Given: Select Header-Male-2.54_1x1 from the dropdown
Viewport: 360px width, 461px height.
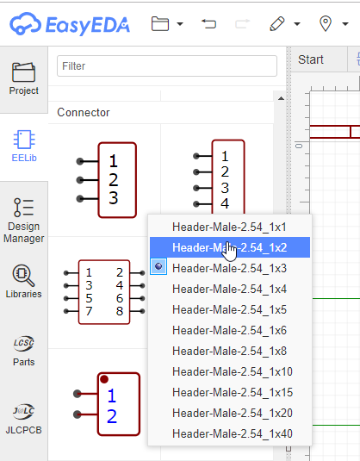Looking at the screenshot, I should tap(229, 227).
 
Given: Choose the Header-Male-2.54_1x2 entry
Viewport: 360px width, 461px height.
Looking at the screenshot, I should tap(229, 247).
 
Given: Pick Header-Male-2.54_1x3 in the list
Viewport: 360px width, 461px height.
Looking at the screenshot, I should tap(229, 268).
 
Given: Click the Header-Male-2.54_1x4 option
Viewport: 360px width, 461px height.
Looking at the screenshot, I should tap(229, 289).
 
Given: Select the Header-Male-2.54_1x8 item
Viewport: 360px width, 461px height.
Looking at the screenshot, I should tap(229, 351).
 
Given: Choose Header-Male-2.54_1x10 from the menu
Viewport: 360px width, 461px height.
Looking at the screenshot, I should tap(233, 371).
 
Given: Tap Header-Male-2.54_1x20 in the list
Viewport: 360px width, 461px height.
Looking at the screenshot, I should tap(233, 413).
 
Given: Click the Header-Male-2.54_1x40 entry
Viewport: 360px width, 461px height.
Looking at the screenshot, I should tap(233, 433).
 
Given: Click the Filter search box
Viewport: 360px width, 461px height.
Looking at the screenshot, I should tap(167, 66).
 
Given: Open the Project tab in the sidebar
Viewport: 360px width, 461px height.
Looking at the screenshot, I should tap(24, 78).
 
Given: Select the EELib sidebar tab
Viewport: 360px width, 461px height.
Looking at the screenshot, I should tap(24, 146).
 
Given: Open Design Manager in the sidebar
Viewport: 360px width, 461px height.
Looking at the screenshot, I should tap(24, 220).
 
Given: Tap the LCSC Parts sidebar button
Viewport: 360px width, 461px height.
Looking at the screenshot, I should tap(24, 350).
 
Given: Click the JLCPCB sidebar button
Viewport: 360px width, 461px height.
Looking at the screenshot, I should tap(24, 417).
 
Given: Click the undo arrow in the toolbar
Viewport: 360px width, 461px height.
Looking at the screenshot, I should tap(208, 24).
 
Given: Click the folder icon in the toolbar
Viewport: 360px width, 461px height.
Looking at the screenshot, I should tap(159, 24).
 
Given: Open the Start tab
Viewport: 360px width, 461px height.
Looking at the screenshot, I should tap(310, 59).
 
